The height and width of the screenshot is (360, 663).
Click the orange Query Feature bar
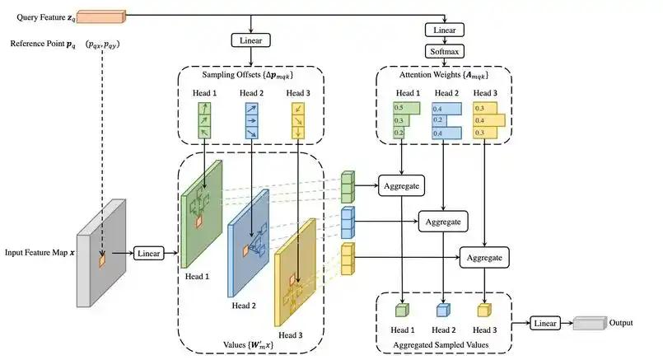(x=101, y=16)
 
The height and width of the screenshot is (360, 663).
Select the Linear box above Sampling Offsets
(x=250, y=40)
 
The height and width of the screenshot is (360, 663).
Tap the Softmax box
(x=445, y=52)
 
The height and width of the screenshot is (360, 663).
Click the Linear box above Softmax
(x=445, y=30)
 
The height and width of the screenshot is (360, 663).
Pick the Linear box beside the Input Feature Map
(x=149, y=254)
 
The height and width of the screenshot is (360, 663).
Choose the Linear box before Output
(x=545, y=323)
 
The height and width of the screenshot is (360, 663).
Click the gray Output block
(x=591, y=323)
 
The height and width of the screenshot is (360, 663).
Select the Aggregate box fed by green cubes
(x=401, y=185)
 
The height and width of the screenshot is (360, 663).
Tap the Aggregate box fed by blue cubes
(x=443, y=222)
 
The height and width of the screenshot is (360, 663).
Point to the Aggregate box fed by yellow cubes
(x=484, y=258)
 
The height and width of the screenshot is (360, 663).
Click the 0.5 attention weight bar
(x=407, y=108)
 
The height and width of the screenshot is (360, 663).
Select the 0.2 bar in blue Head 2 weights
(x=439, y=120)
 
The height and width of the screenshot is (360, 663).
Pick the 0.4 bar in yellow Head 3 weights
(x=489, y=120)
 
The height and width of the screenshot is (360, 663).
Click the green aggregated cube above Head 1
(x=402, y=311)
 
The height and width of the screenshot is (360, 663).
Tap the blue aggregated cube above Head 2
(x=443, y=311)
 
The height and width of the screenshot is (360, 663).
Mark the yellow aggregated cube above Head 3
(x=484, y=311)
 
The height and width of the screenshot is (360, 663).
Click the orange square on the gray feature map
(x=102, y=260)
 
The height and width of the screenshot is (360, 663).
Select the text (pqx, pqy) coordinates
(x=102, y=44)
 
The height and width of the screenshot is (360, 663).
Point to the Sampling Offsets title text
(x=247, y=75)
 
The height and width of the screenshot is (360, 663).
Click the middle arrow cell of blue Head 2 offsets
(x=251, y=120)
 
